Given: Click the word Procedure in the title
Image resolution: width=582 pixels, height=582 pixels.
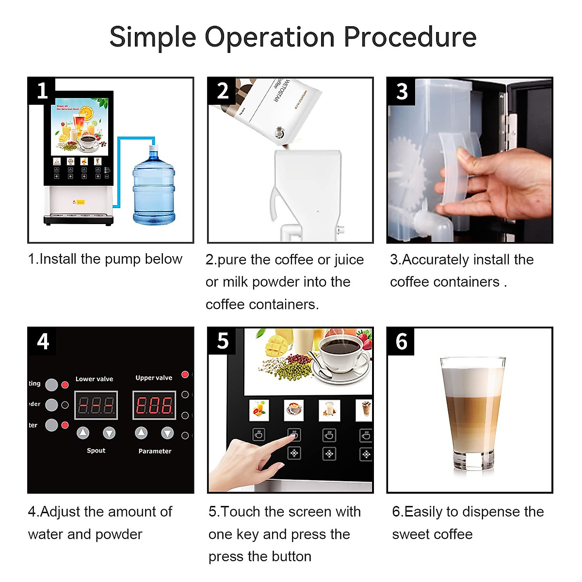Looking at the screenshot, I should [x=410, y=38].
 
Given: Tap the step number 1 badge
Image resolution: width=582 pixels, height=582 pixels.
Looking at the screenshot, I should [x=42, y=91].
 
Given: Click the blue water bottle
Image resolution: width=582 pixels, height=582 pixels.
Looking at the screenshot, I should [x=154, y=189].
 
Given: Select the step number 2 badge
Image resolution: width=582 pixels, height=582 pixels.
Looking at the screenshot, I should [x=222, y=91].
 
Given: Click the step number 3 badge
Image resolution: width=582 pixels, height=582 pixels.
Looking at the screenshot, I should [x=402, y=91].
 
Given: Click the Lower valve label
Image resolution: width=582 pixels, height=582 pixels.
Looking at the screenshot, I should [x=94, y=379].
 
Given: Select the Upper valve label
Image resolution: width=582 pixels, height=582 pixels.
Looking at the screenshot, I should [x=154, y=377].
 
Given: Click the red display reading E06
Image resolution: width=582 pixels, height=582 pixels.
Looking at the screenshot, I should [x=154, y=405].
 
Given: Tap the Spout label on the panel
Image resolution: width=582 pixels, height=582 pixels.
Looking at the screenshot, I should [x=96, y=451].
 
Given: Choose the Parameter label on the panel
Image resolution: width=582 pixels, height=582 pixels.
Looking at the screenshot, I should [x=155, y=451].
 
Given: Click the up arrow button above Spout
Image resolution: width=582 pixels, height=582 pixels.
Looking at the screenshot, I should [x=83, y=433].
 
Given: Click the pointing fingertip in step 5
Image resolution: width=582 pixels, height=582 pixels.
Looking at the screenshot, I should [x=293, y=436].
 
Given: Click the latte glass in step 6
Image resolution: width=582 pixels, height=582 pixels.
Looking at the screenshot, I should [x=472, y=412].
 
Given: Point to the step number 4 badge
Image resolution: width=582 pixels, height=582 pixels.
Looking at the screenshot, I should [x=43, y=341].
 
